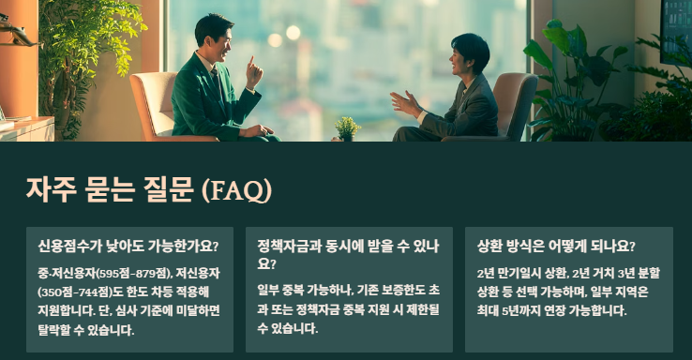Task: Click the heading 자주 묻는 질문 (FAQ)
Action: [149, 190]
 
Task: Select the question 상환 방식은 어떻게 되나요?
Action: [556, 247]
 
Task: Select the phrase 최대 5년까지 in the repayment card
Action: [512, 310]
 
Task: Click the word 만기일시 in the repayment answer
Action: [517, 273]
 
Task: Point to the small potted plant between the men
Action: [347, 127]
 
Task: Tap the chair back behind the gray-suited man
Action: [515, 98]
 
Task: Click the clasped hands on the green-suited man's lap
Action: [254, 130]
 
